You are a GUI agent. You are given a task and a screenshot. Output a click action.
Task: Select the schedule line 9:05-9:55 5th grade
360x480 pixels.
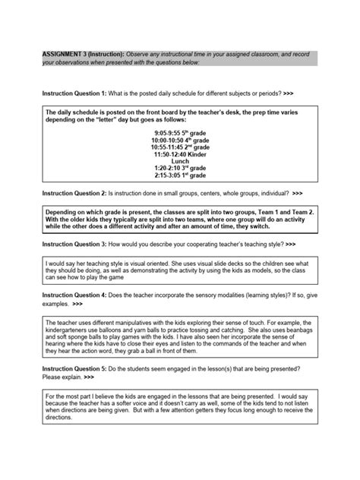click(x=179, y=131)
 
